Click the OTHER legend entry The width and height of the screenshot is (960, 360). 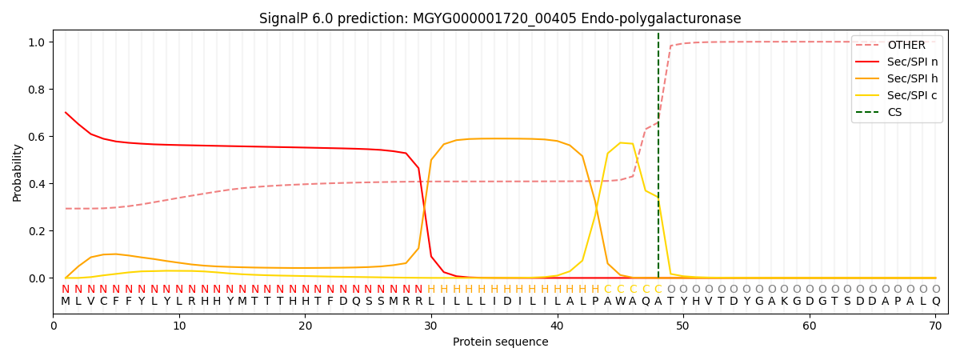pyautogui.click(x=906, y=46)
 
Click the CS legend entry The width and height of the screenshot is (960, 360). pyautogui.click(x=894, y=113)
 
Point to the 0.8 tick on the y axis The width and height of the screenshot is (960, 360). pyautogui.click(x=38, y=90)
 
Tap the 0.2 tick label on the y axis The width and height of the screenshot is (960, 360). pyautogui.click(x=38, y=231)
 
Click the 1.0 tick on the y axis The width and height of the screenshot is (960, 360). pyautogui.click(x=38, y=42)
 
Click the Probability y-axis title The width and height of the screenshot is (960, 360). pyautogui.click(x=17, y=172)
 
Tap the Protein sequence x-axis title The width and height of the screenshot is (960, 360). pyautogui.click(x=500, y=342)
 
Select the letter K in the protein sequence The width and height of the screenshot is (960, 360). pyautogui.click(x=784, y=302)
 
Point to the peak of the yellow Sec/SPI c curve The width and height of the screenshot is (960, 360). pyautogui.click(x=621, y=142)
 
